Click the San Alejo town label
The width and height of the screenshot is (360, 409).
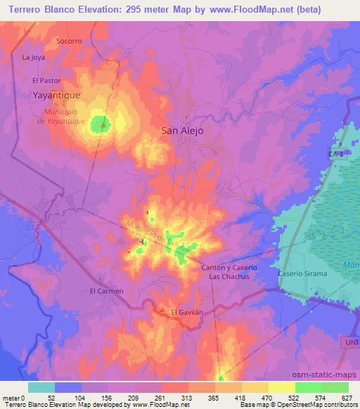point(182,130)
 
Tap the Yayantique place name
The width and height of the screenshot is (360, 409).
point(57,93)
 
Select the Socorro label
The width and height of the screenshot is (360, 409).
point(70,41)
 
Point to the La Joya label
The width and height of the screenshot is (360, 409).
point(33,57)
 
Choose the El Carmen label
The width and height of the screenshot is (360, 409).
point(106,291)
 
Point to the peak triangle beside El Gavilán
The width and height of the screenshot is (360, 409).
point(162,310)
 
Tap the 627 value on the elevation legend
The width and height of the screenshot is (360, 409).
point(347,398)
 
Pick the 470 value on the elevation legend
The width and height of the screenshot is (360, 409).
point(267,398)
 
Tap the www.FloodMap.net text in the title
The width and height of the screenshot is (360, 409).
point(238,10)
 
